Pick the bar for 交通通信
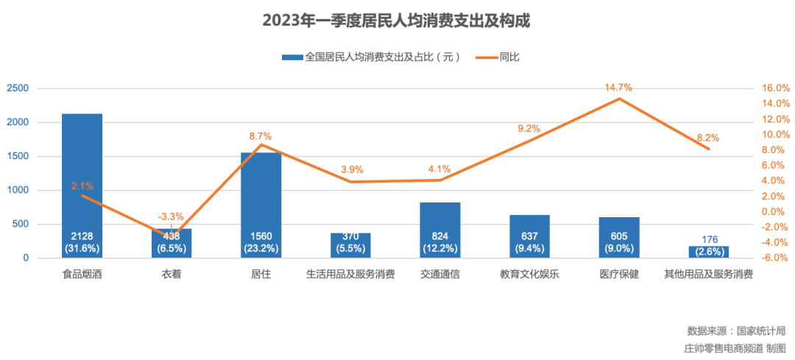pos(440,221)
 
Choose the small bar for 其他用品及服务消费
pos(709,252)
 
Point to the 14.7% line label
pos(618,88)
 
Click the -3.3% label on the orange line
pos(171,216)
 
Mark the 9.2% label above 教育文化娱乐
pos(529,129)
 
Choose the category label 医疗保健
pos(619,275)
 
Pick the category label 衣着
pos(172,275)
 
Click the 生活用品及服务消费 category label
pos(350,275)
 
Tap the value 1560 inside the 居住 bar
pos(261,236)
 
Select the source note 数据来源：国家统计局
pos(736,330)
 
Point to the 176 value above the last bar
pos(709,239)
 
